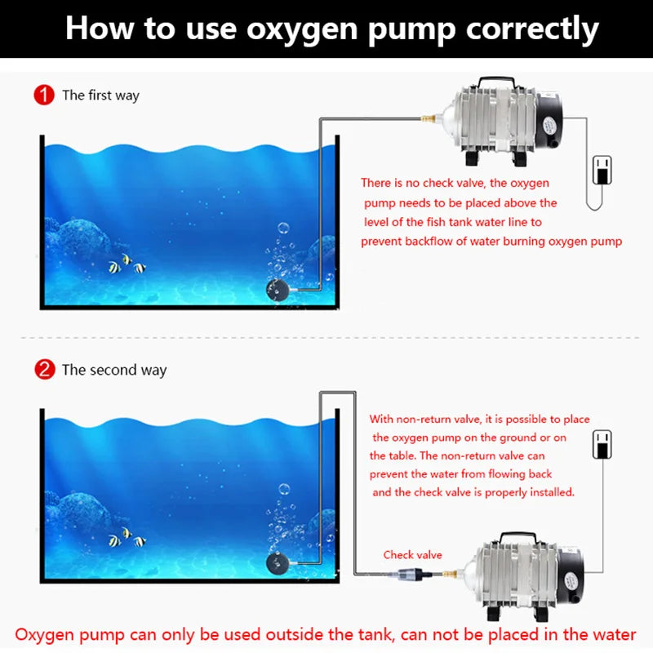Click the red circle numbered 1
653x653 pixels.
point(44,95)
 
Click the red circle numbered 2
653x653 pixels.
point(44,370)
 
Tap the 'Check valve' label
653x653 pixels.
point(412,555)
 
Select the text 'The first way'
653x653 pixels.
point(100,96)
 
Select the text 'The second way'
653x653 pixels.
point(114,370)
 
